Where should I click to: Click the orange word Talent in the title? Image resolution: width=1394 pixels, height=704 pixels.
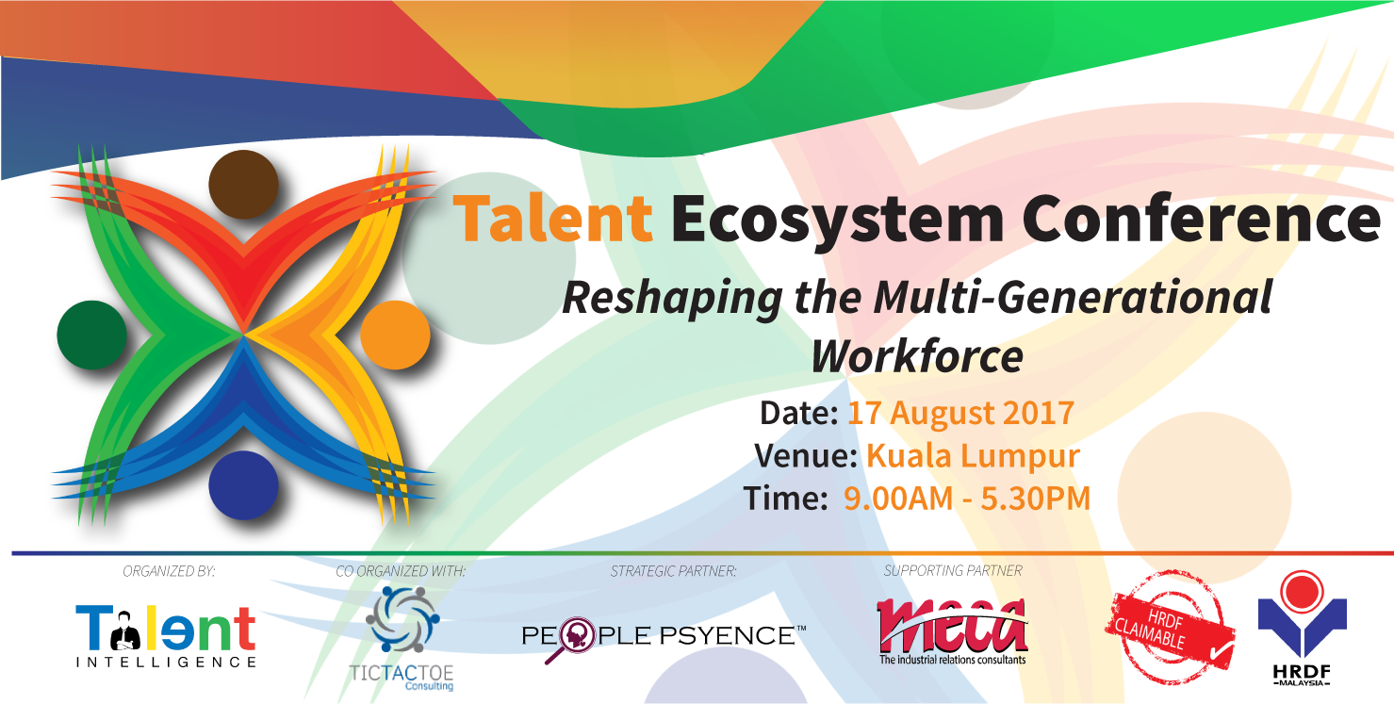click(x=553, y=218)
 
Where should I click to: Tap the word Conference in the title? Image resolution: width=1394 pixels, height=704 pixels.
click(x=1202, y=218)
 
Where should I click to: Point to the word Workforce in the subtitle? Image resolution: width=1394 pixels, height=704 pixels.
click(x=917, y=356)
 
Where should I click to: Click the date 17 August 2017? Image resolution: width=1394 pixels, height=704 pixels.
click(x=960, y=413)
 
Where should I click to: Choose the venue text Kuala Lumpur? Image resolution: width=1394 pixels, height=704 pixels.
click(x=974, y=455)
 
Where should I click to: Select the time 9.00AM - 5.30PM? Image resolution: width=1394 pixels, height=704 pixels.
click(x=967, y=499)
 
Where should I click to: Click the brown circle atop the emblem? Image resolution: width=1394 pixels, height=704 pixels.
click(x=243, y=185)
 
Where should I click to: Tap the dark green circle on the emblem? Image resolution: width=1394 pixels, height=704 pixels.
click(x=91, y=335)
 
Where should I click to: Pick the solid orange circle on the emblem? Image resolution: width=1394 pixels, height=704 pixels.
click(x=395, y=335)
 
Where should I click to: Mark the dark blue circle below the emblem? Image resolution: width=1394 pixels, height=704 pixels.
click(x=243, y=485)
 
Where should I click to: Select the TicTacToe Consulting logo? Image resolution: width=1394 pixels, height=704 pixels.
click(x=402, y=639)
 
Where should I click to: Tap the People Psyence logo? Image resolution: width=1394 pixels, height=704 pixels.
click(x=664, y=639)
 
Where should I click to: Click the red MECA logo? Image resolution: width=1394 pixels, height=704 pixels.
click(x=953, y=631)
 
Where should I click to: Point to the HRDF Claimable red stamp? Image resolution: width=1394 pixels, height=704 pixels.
click(x=1170, y=628)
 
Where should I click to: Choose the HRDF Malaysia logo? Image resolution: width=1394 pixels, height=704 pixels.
click(x=1302, y=628)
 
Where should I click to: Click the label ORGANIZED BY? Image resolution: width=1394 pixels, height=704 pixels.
click(x=169, y=571)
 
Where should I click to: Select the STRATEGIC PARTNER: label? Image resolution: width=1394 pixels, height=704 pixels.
click(x=673, y=571)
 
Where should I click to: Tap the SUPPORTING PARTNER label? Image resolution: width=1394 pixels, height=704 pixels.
click(x=953, y=571)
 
